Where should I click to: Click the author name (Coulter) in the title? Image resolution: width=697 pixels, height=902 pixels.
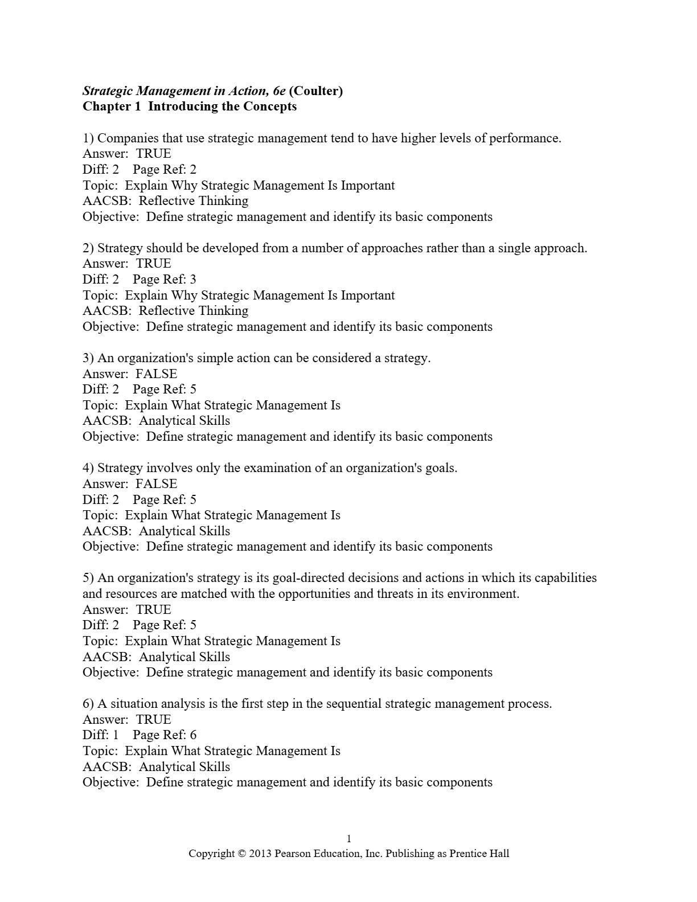316,91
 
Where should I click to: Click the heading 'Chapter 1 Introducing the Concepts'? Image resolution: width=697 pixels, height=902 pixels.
190,106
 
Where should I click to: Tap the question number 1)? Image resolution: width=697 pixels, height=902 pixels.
88,138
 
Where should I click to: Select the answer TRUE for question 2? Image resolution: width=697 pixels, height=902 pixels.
153,264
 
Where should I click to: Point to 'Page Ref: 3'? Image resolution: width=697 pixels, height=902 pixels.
164,279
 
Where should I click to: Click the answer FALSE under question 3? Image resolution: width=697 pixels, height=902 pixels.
156,374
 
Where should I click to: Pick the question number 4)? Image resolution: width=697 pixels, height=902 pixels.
88,468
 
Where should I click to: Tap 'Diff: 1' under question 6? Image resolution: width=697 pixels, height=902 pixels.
101,735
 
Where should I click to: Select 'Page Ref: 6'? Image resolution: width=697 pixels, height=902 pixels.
164,735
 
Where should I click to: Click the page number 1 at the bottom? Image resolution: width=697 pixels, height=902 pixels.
349,838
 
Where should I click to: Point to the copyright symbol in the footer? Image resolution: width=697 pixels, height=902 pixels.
241,854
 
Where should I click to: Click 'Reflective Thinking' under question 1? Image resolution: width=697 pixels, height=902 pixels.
194,201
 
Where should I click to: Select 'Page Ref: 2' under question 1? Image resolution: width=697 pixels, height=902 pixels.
164,169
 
